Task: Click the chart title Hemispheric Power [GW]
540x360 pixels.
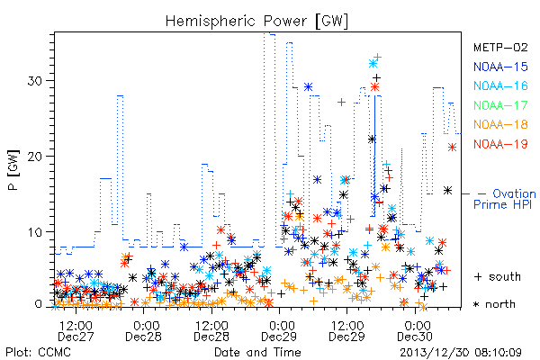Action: coord(256,21)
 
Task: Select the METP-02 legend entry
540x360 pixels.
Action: coord(500,48)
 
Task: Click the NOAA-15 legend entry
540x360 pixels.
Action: coord(500,67)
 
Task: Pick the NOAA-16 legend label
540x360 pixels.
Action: coord(500,85)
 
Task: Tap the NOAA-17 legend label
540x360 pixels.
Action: coord(500,105)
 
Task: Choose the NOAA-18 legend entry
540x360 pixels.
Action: coord(500,124)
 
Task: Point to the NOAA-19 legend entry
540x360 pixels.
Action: coord(500,144)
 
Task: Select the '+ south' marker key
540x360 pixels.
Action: coord(498,276)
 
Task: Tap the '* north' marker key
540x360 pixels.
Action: coord(494,304)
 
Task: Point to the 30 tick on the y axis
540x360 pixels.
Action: coord(34,81)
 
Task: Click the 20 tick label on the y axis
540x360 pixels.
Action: coord(34,157)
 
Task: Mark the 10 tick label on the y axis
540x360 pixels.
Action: coord(34,232)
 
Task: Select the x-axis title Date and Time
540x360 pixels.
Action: coord(257,352)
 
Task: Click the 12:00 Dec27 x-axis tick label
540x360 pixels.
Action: coord(76,331)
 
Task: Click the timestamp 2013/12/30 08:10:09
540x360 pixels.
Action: coord(461,353)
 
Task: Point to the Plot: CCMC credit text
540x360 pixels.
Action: coord(38,353)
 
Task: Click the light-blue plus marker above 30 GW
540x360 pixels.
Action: coord(378,57)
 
